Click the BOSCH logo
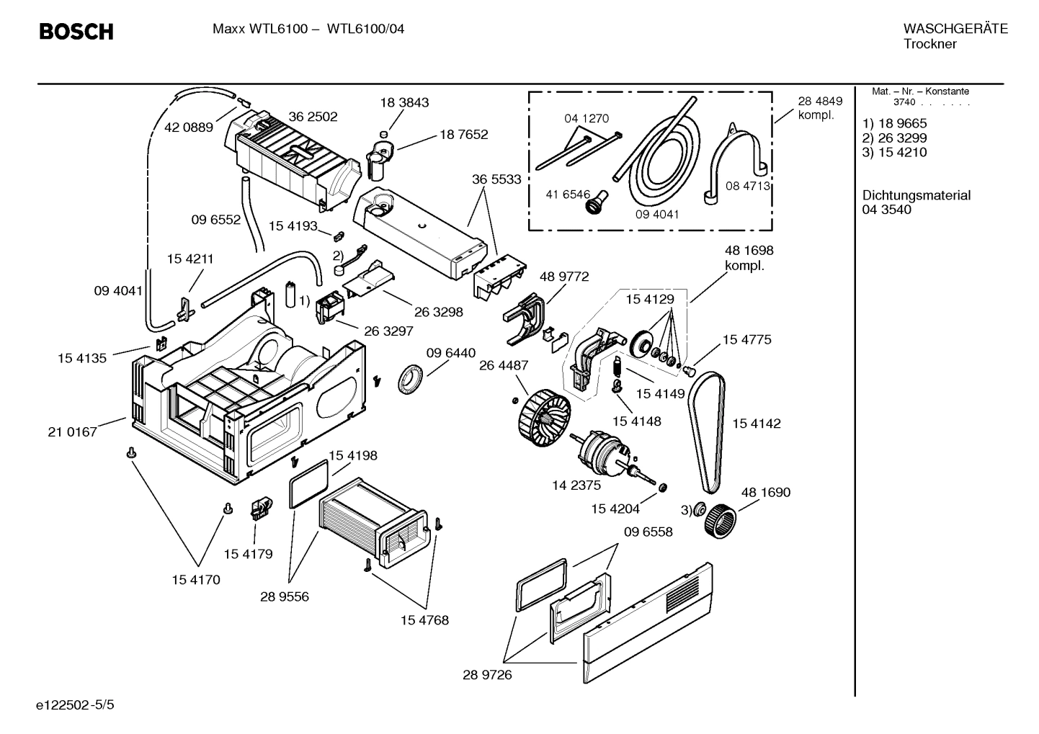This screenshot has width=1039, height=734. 76,32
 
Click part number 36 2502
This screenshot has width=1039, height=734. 313,117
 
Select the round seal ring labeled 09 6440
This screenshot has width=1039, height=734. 411,379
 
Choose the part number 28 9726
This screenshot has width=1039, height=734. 487,675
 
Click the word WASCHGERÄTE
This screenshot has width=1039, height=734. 955,29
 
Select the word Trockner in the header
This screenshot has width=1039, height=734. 929,44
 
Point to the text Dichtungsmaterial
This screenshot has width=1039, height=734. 916,195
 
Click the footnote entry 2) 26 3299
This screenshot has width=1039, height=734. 894,138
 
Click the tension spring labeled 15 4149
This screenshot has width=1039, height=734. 617,367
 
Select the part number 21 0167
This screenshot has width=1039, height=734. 72,432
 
